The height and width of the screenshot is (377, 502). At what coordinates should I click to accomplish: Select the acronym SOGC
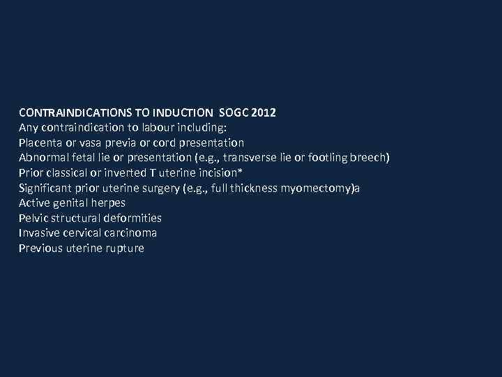[x=233, y=112]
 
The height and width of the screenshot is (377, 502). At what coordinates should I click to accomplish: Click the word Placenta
[x=41, y=142]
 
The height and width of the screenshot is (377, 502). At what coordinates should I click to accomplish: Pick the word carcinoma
[x=129, y=233]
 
